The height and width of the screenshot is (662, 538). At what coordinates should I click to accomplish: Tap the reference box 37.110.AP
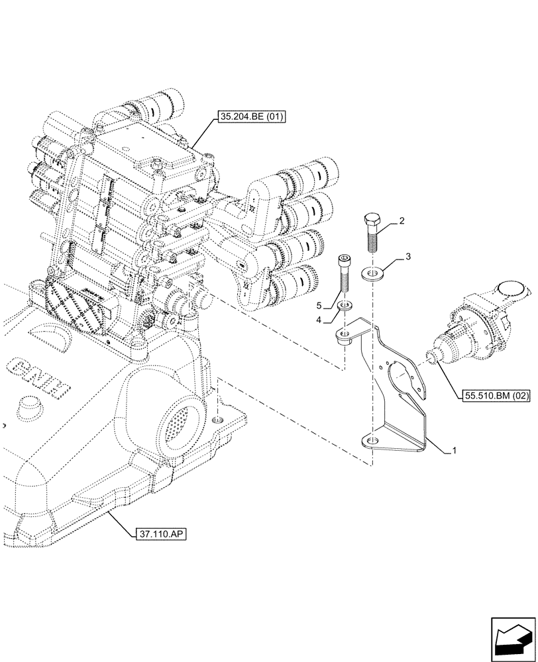[160, 533]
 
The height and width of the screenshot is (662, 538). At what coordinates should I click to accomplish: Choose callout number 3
[409, 256]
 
